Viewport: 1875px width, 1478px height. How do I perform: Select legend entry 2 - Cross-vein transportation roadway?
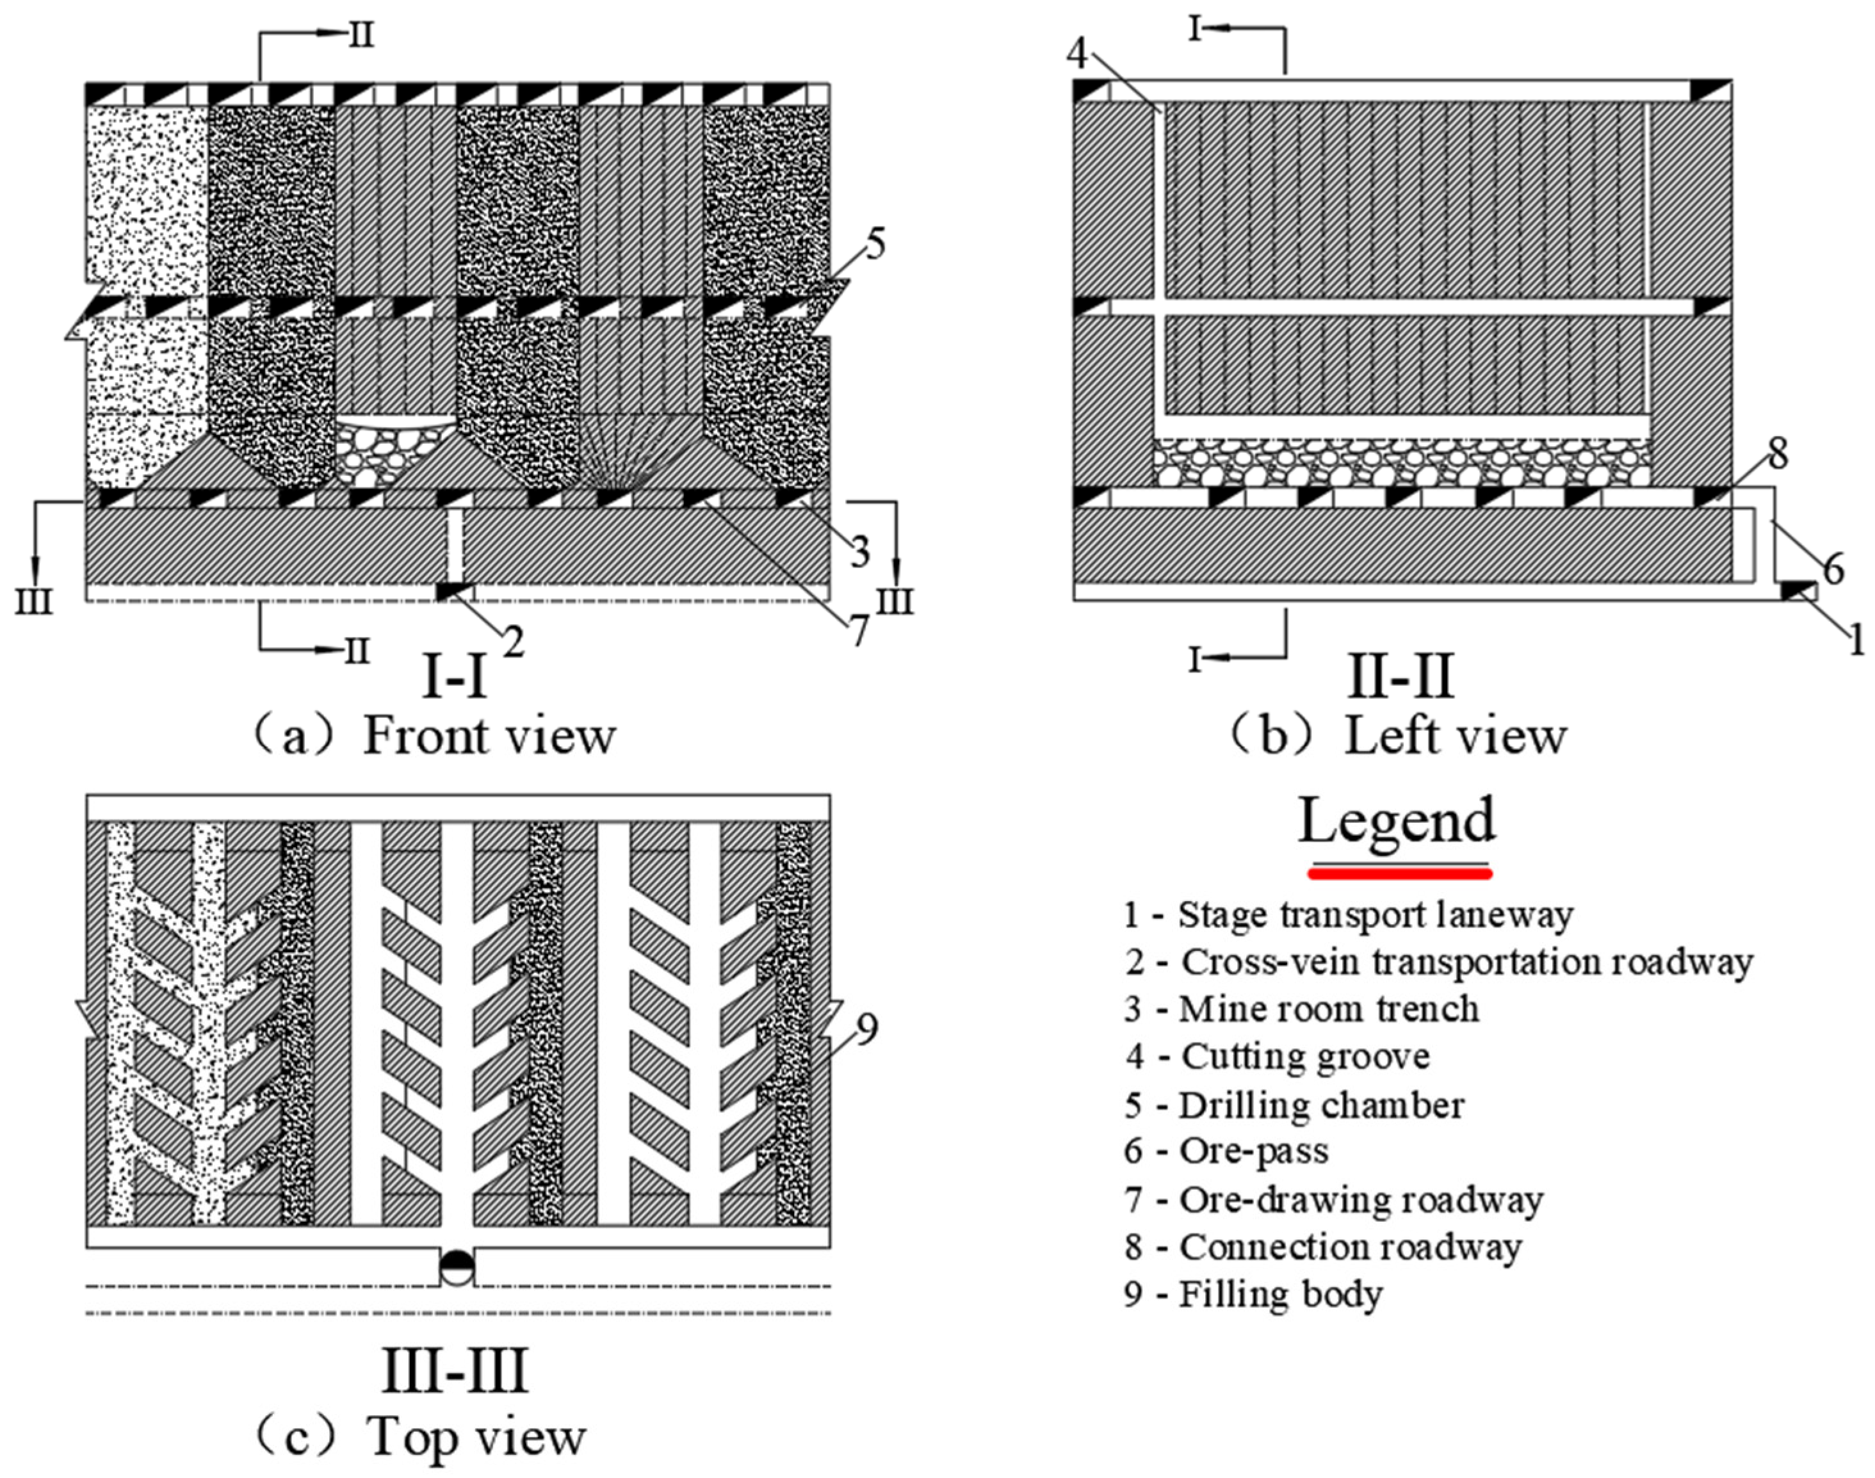[x=1438, y=962]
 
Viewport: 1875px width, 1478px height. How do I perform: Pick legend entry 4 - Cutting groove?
[x=1278, y=1057]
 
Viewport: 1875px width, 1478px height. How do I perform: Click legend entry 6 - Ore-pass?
[x=1226, y=1152]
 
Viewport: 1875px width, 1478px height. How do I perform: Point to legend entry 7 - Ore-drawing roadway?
[x=1333, y=1199]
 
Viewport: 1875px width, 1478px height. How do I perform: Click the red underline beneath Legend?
[x=1400, y=874]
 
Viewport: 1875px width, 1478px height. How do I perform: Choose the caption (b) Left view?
[x=1399, y=737]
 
